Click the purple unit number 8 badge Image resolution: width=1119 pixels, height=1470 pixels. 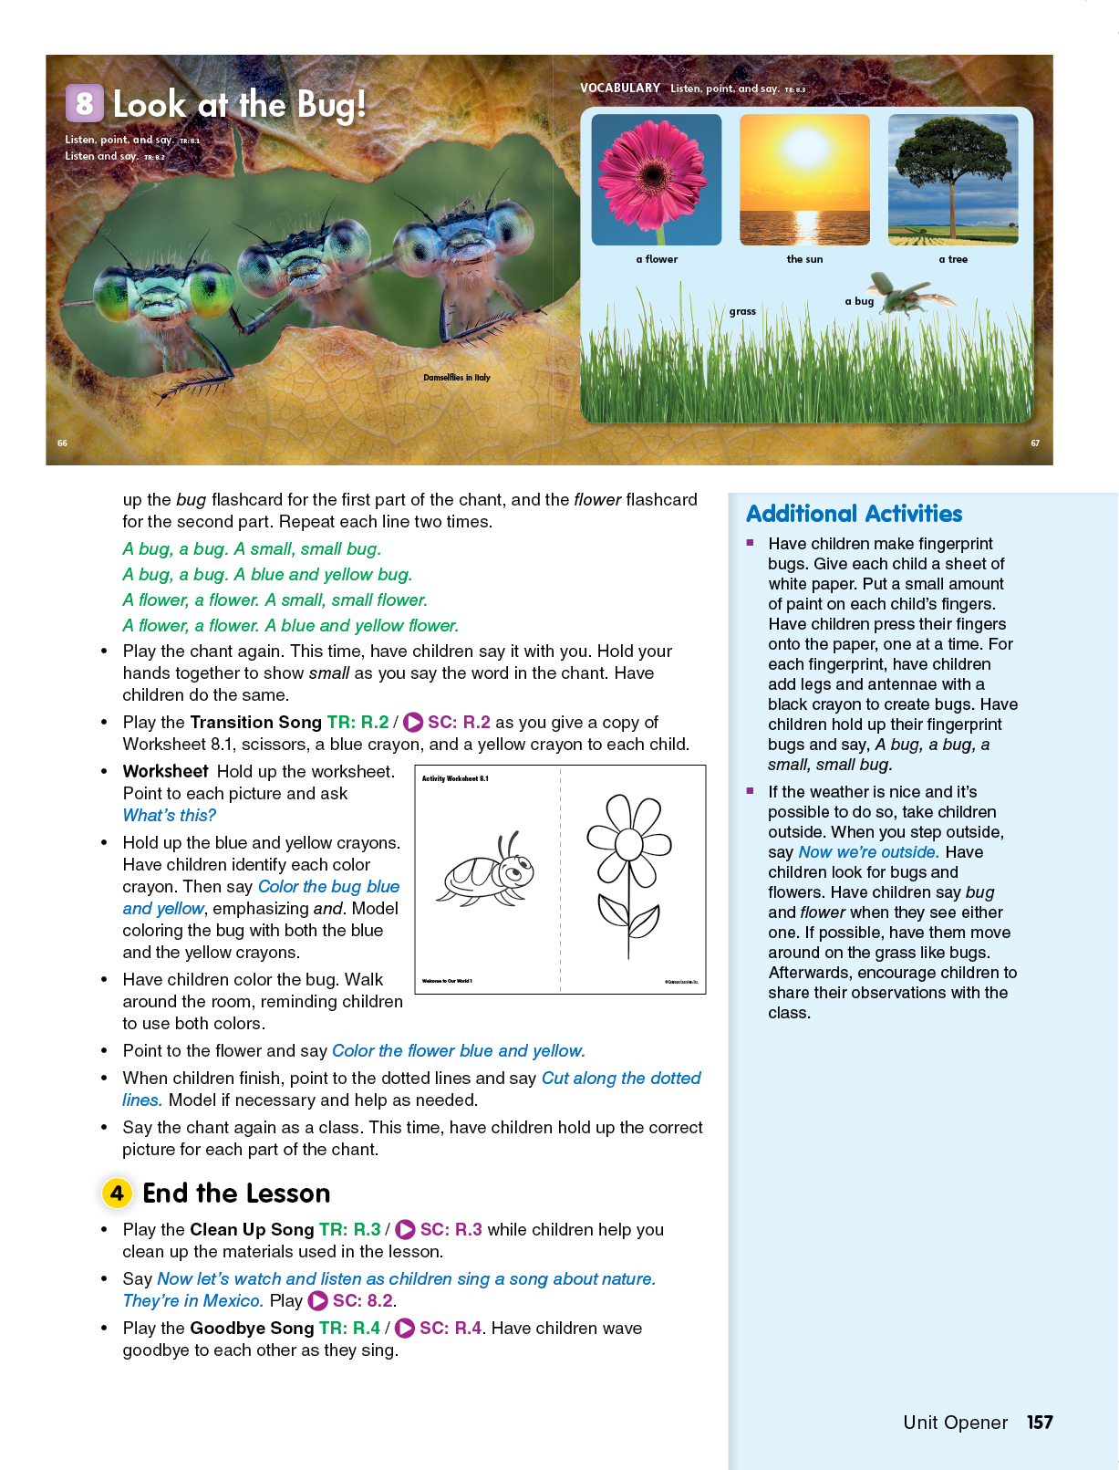tap(84, 103)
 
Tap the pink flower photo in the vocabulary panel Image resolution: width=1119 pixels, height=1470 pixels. tap(656, 179)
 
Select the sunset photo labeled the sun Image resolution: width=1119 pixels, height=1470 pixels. tap(804, 179)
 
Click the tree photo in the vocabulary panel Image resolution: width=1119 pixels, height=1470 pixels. tap(952, 179)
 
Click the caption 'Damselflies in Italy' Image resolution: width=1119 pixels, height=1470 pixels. tap(456, 377)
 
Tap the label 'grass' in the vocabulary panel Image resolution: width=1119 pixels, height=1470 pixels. tap(742, 311)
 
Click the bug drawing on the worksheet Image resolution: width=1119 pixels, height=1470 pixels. tap(487, 870)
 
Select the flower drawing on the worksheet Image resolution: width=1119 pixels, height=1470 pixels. tap(628, 871)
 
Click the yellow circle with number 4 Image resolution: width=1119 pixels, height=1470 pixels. tap(117, 1193)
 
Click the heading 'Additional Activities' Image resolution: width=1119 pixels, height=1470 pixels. tap(854, 514)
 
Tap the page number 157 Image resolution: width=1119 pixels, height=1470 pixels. tap(1040, 1423)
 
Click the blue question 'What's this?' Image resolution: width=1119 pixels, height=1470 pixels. tap(170, 816)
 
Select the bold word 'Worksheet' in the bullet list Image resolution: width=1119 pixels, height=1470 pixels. tap(166, 772)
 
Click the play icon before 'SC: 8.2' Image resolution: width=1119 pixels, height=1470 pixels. tap(318, 1301)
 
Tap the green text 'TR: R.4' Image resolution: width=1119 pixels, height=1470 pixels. tap(349, 1329)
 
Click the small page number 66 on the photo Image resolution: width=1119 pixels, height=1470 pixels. tap(62, 443)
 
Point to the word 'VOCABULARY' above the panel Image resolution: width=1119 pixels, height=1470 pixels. tap(620, 89)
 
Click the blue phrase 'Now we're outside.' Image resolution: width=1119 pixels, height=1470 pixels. tap(868, 852)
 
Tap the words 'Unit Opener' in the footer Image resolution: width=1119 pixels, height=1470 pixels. tap(955, 1423)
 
